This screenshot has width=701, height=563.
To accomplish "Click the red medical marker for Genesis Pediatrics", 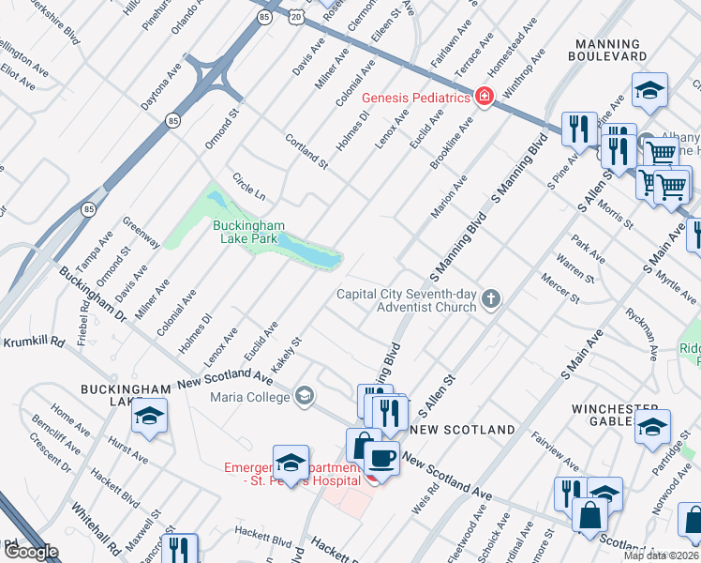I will tap(484, 97).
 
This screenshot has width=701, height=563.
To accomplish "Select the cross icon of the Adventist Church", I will tap(491, 299).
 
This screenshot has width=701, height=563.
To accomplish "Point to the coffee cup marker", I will tap(381, 458).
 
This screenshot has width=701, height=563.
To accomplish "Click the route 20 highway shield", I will tap(297, 17).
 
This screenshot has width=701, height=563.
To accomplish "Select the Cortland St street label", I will tap(306, 151).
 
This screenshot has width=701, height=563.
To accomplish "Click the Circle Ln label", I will tap(249, 186).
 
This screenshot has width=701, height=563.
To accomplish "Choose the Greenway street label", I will tap(142, 231).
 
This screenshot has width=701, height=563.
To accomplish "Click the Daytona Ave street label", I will tap(159, 87).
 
